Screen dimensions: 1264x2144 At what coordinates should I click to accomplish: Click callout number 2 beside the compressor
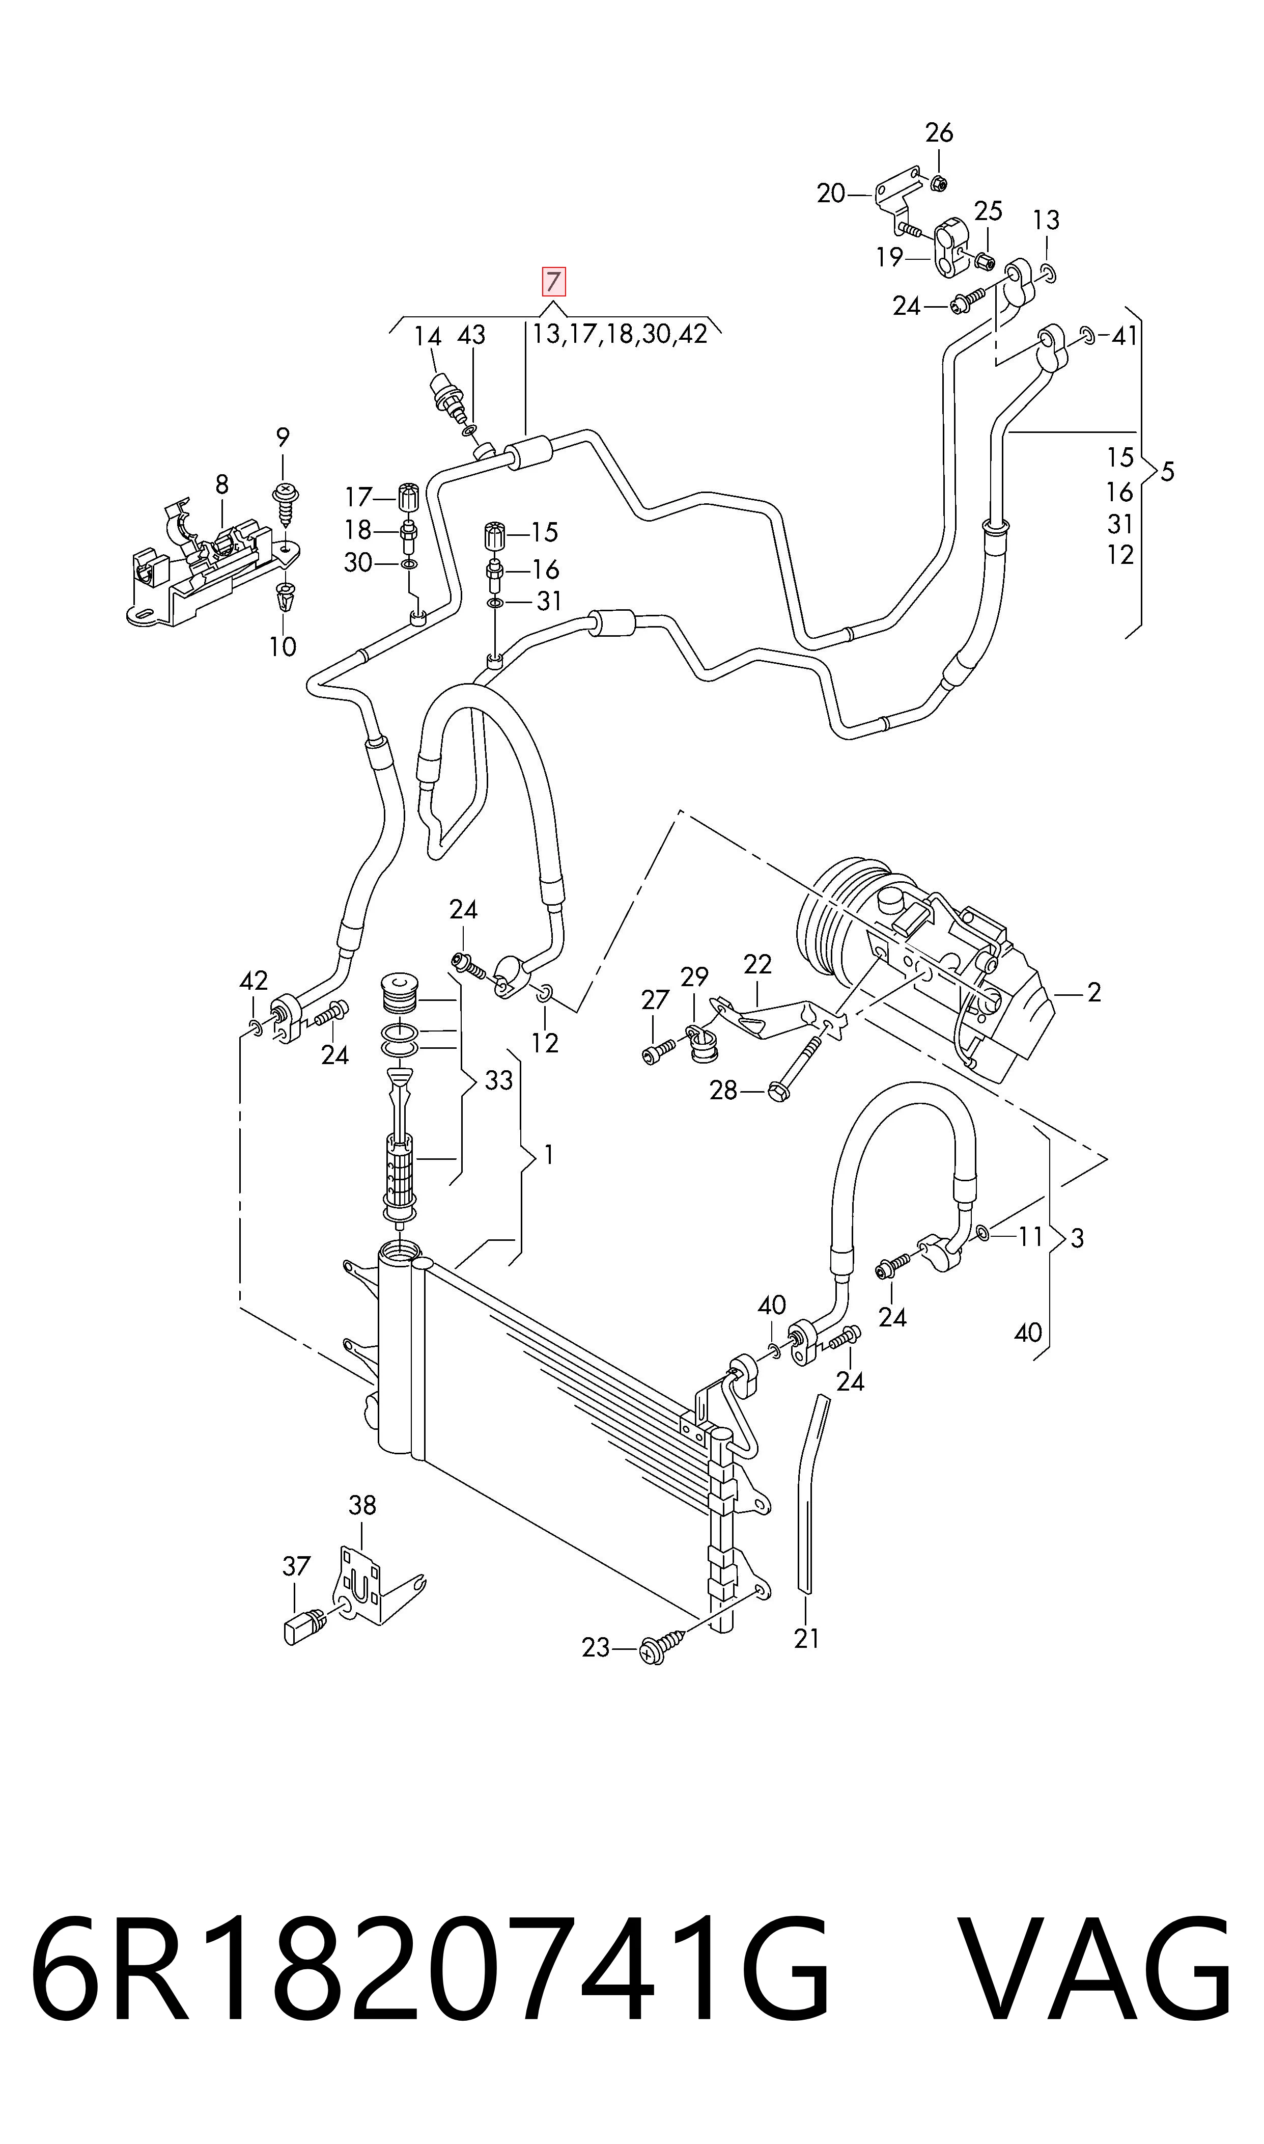[x=1094, y=992]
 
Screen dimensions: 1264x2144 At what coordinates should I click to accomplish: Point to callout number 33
[x=498, y=1080]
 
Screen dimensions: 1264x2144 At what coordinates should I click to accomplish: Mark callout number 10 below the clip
[x=282, y=647]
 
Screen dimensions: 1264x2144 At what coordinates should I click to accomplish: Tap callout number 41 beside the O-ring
[x=1125, y=337]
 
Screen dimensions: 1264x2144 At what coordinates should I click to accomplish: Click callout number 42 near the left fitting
[x=254, y=981]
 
